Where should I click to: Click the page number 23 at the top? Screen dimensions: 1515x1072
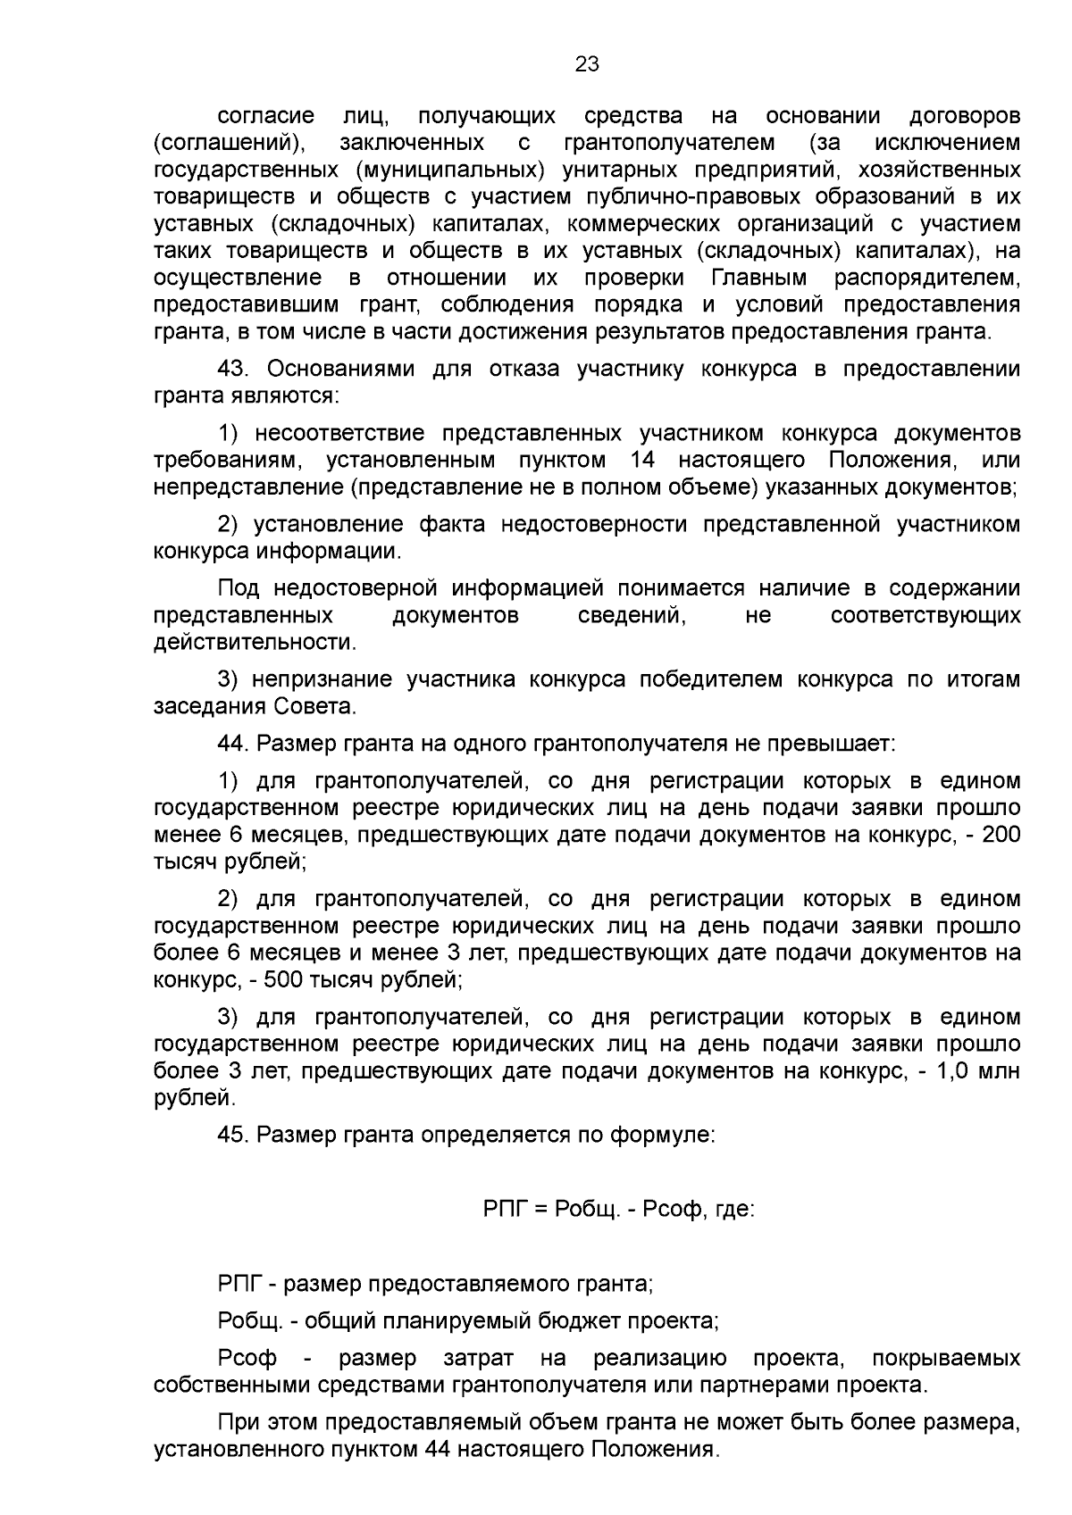[587, 64]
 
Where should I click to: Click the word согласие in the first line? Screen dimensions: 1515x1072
[266, 116]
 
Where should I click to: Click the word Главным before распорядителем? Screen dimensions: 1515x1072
[759, 278]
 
